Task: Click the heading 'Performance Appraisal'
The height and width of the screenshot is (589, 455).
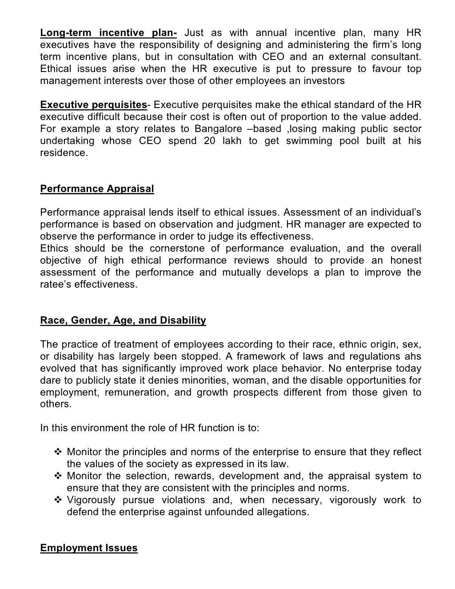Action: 97,188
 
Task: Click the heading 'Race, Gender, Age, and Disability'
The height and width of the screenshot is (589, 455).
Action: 123,321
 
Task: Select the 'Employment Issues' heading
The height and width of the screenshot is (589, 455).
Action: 89,548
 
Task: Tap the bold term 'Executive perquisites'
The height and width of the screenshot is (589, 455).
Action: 93,105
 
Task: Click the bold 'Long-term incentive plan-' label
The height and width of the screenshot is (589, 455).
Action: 108,33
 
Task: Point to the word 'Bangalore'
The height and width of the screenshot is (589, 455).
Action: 215,129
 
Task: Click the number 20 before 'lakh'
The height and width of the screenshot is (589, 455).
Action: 210,141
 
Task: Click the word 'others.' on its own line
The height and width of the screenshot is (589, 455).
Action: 55,405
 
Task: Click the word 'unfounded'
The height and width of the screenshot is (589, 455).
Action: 224,512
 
